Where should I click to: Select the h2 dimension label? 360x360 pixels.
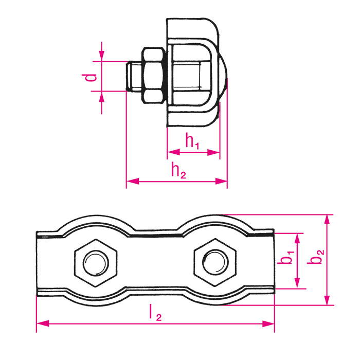tap(178, 171)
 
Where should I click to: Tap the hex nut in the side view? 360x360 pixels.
tap(152, 75)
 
